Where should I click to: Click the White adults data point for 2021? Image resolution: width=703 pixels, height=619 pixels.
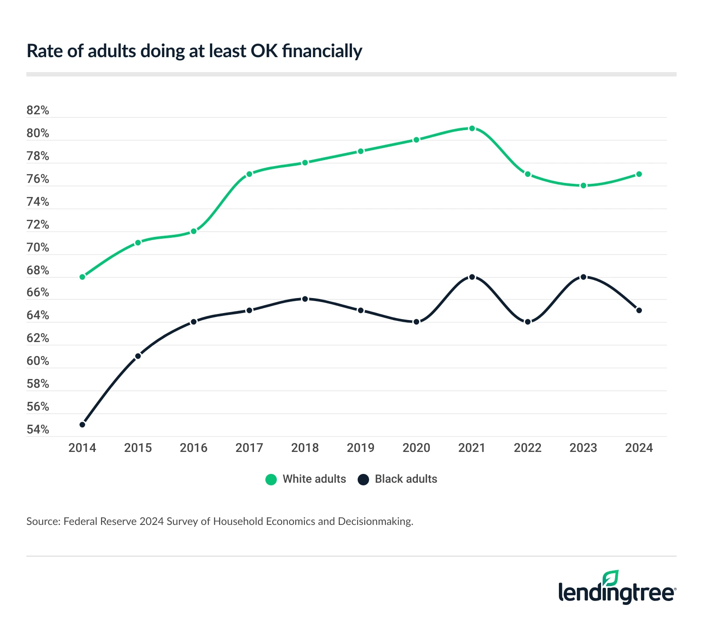point(472,128)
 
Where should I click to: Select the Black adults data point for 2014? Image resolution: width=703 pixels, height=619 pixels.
point(82,425)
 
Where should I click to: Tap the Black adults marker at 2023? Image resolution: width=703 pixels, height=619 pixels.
point(583,277)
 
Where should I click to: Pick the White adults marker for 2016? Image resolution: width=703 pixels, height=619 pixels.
point(194,231)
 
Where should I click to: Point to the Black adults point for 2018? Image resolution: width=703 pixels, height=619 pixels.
point(305,299)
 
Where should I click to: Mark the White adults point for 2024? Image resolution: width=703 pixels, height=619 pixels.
point(639,174)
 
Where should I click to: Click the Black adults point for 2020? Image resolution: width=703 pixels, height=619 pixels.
point(417,322)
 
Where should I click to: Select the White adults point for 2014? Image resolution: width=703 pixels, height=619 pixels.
point(82,277)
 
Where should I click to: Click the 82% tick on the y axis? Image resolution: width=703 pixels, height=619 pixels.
point(38,110)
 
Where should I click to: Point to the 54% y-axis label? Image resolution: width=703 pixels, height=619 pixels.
point(38,430)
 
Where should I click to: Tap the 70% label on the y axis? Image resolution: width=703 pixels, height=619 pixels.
point(38,248)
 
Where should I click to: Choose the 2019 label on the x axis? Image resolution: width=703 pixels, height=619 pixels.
point(360,448)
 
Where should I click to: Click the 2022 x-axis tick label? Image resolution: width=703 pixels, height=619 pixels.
point(528,448)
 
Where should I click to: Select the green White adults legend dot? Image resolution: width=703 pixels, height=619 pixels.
point(271,480)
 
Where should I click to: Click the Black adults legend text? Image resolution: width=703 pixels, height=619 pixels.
point(406,479)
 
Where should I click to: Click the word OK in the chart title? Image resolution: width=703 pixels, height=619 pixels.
point(264,51)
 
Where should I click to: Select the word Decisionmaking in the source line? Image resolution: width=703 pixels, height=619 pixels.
point(375,522)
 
